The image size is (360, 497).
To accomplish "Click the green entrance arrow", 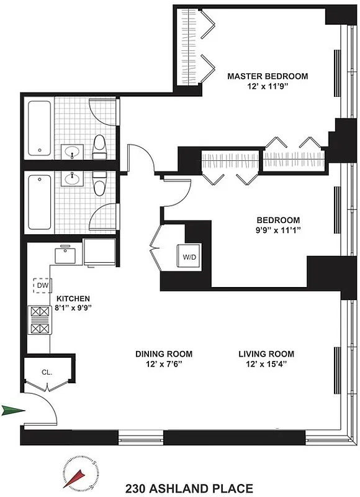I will pyautogui.click(x=14, y=409).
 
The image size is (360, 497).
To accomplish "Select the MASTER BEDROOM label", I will pyautogui.click(x=267, y=76).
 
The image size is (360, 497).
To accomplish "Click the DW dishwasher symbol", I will pyautogui.click(x=41, y=285).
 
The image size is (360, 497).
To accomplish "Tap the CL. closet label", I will pyautogui.click(x=47, y=373).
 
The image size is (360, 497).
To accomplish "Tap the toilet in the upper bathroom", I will pyautogui.click(x=99, y=147).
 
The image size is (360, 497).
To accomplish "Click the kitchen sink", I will pyautogui.click(x=64, y=255).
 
